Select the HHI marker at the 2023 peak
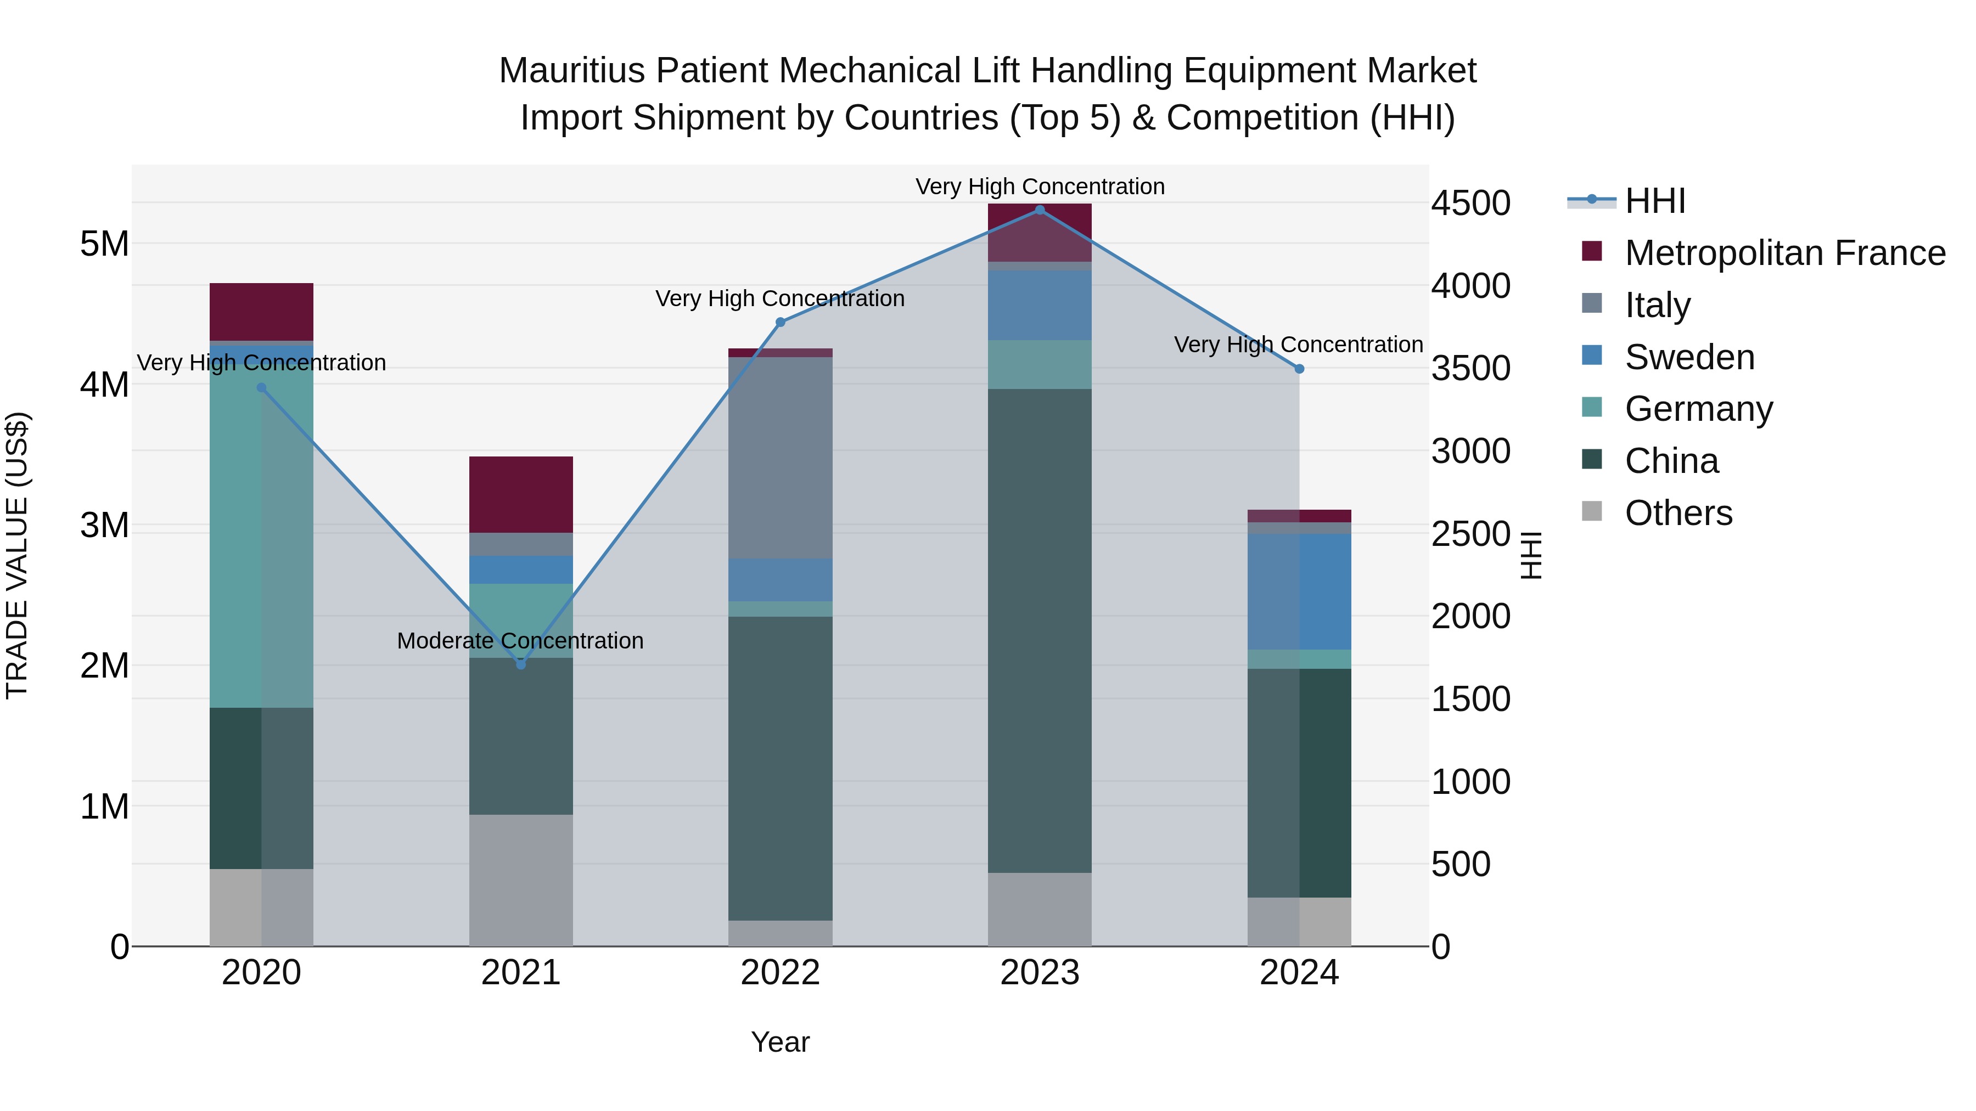click(x=1040, y=210)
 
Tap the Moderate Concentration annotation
click(x=520, y=641)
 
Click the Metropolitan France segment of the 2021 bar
click(x=521, y=494)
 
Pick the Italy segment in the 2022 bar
click(x=780, y=458)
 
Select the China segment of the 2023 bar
click(x=1040, y=630)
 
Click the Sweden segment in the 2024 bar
click(x=1299, y=591)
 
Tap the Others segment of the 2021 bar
click(x=521, y=879)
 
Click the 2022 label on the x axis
click(x=780, y=973)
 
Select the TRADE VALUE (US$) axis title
click(x=17, y=555)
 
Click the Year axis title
click(x=780, y=1042)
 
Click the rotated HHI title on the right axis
click(x=1530, y=555)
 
